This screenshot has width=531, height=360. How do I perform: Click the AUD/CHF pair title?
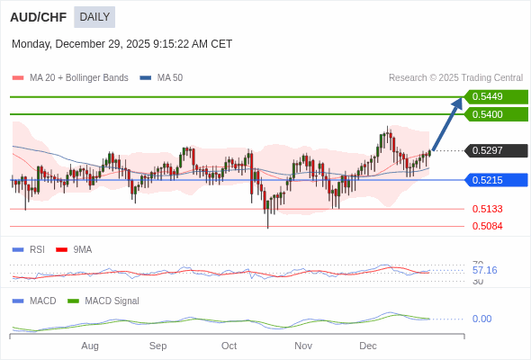pyautogui.click(x=38, y=16)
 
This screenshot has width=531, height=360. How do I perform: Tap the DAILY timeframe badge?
pyautogui.click(x=94, y=16)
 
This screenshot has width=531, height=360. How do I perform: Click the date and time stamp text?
pyautogui.click(x=121, y=44)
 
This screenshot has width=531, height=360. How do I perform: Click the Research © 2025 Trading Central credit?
pyautogui.click(x=455, y=78)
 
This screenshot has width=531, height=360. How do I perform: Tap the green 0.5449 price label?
pyautogui.click(x=495, y=96)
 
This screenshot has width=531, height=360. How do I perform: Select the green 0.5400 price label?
pyautogui.click(x=495, y=114)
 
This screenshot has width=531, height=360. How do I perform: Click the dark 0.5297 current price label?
pyautogui.click(x=495, y=150)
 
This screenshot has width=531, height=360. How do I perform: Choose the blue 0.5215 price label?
pyautogui.click(x=495, y=180)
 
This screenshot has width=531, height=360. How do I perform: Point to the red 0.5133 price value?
pyautogui.click(x=487, y=209)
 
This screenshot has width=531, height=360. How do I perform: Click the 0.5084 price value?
pyautogui.click(x=487, y=226)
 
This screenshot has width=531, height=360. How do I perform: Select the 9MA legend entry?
pyautogui.click(x=82, y=249)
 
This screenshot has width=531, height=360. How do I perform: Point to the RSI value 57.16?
pyautogui.click(x=484, y=270)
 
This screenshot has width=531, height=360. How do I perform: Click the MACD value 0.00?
pyautogui.click(x=481, y=319)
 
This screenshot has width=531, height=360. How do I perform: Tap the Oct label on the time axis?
pyautogui.click(x=229, y=346)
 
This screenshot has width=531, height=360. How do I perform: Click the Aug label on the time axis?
pyautogui.click(x=90, y=346)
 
